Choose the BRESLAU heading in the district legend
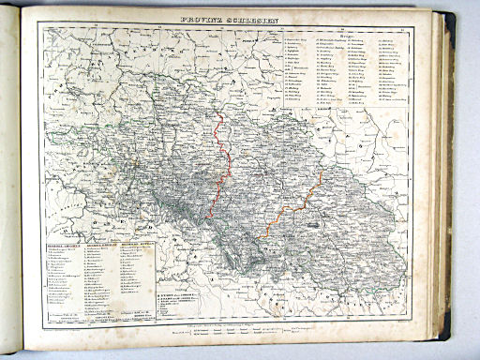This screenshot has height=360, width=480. (100, 239)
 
